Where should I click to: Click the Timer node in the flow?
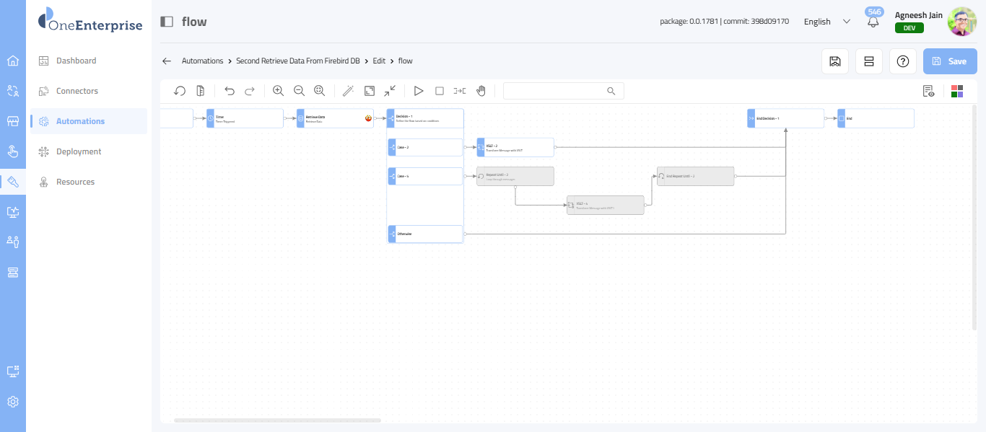(245, 118)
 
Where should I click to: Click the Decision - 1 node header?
(425, 118)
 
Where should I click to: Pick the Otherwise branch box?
(425, 234)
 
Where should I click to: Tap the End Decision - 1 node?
(785, 118)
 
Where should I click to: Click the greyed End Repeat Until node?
(695, 177)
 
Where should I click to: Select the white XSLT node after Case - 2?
(515, 147)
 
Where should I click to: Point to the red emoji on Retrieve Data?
(368, 118)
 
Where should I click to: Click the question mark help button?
(902, 61)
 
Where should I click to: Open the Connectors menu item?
(77, 91)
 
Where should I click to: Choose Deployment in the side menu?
(79, 151)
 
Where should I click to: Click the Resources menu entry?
(76, 182)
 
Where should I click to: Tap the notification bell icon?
(873, 22)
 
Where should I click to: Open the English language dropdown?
(827, 22)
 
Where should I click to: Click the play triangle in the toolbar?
(419, 91)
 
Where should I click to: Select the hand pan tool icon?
(481, 91)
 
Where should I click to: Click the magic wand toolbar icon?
(348, 91)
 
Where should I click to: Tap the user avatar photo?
(961, 22)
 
